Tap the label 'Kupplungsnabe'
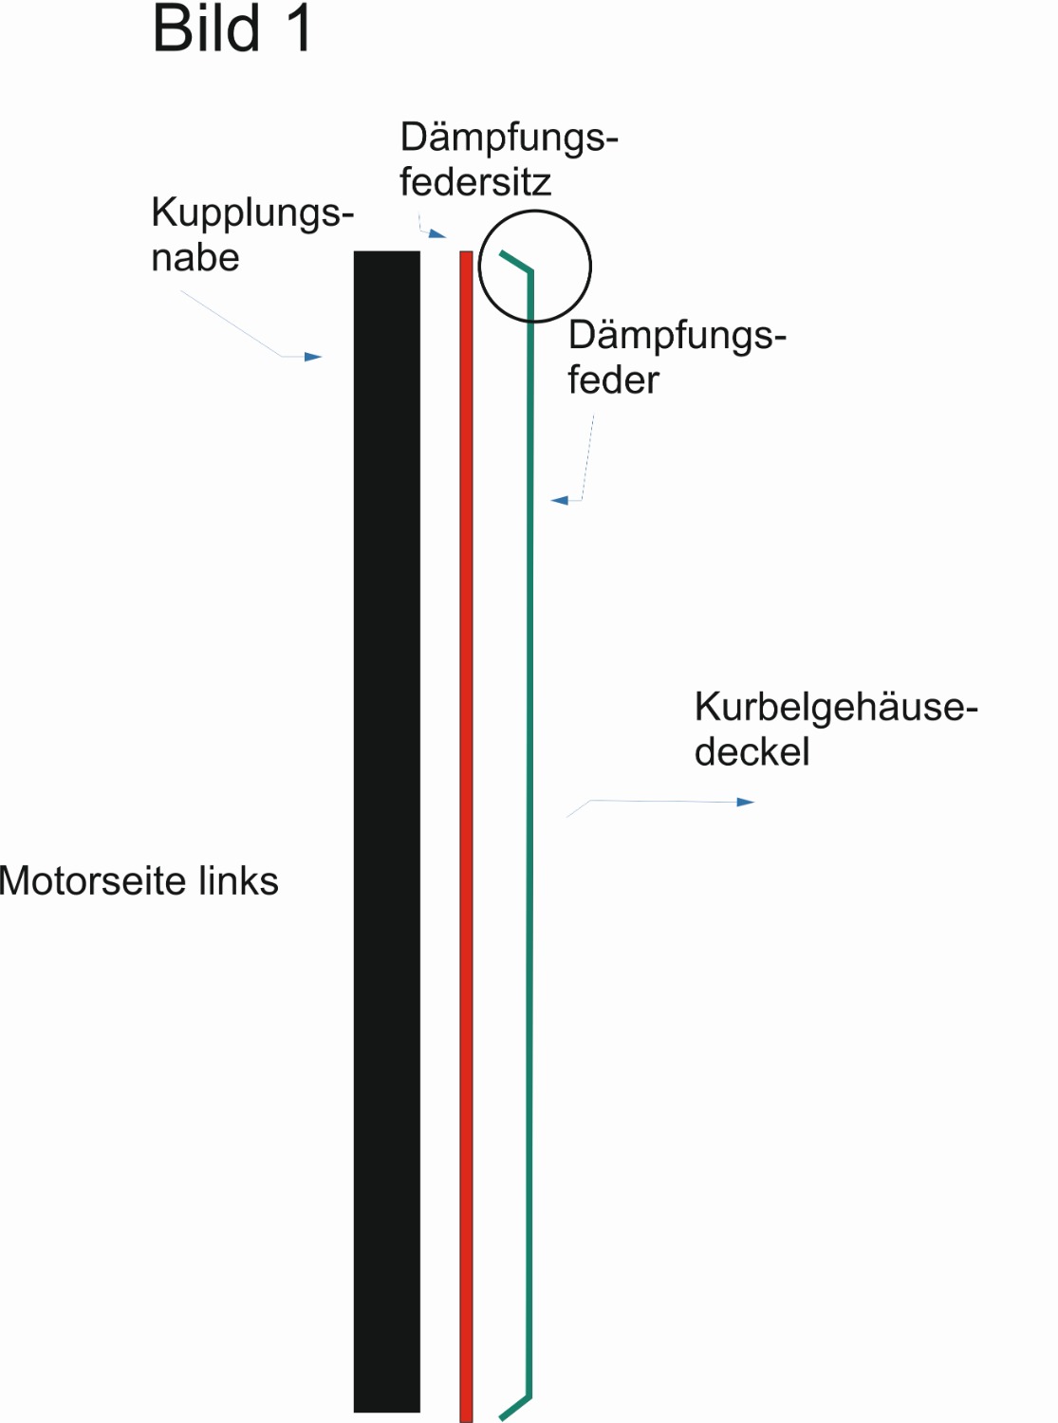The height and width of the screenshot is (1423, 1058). click(x=251, y=234)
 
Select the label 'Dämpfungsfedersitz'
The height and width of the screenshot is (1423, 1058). click(x=508, y=159)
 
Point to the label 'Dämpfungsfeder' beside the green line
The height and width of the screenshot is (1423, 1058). click(x=676, y=358)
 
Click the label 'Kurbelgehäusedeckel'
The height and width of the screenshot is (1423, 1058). click(x=835, y=730)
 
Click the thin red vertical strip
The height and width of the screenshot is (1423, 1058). click(x=466, y=835)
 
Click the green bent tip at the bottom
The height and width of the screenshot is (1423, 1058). click(x=515, y=1408)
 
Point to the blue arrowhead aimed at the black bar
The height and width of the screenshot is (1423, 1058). click(x=314, y=357)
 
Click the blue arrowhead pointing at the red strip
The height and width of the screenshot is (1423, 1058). click(x=437, y=233)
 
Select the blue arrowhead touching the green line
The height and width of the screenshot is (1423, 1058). click(x=560, y=500)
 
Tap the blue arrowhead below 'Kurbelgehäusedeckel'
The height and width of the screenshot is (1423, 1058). click(x=746, y=803)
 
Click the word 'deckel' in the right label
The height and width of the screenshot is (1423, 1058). click(x=752, y=752)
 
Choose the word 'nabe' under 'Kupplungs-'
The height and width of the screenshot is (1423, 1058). click(x=195, y=258)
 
